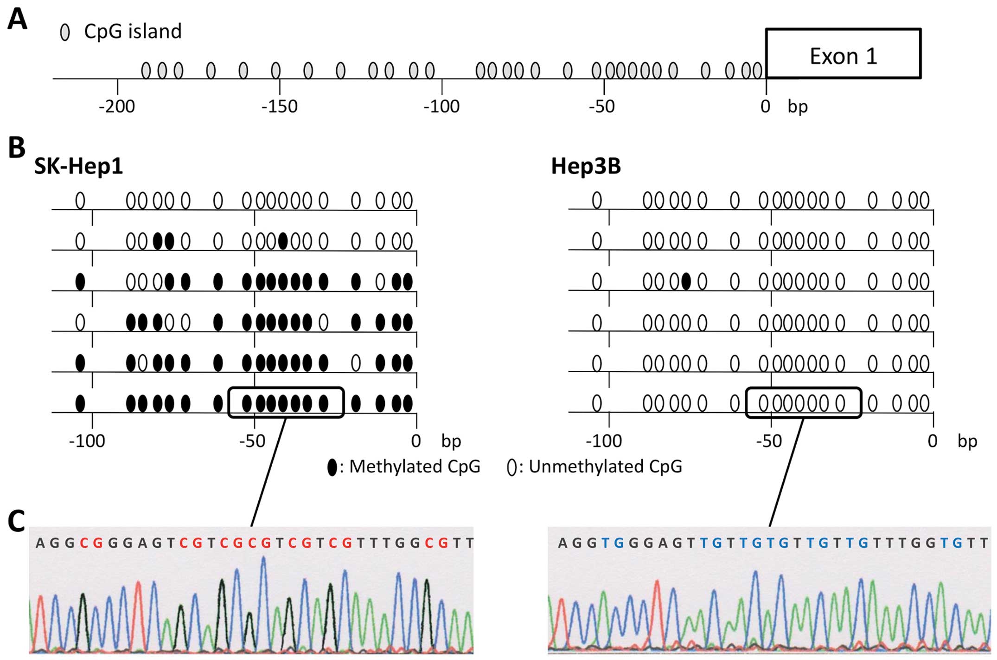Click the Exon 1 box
click(x=843, y=53)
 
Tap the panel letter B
click(x=17, y=148)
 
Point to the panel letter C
click(x=17, y=521)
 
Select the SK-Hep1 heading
click(x=78, y=166)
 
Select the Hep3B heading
click(x=586, y=166)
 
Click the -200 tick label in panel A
click(x=116, y=107)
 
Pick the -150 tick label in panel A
click(x=279, y=107)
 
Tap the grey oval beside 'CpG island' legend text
click(x=65, y=32)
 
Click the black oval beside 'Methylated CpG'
click(x=332, y=467)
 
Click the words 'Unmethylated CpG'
click(x=605, y=466)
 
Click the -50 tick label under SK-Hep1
click(x=252, y=441)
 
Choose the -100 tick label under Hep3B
click(x=604, y=441)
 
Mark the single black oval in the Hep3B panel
click(x=686, y=281)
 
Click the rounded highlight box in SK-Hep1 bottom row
click(x=286, y=402)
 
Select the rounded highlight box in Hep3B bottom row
click(x=803, y=402)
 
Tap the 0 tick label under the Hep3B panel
click(x=933, y=441)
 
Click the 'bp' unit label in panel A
click(x=798, y=107)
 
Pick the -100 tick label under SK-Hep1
click(x=87, y=441)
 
